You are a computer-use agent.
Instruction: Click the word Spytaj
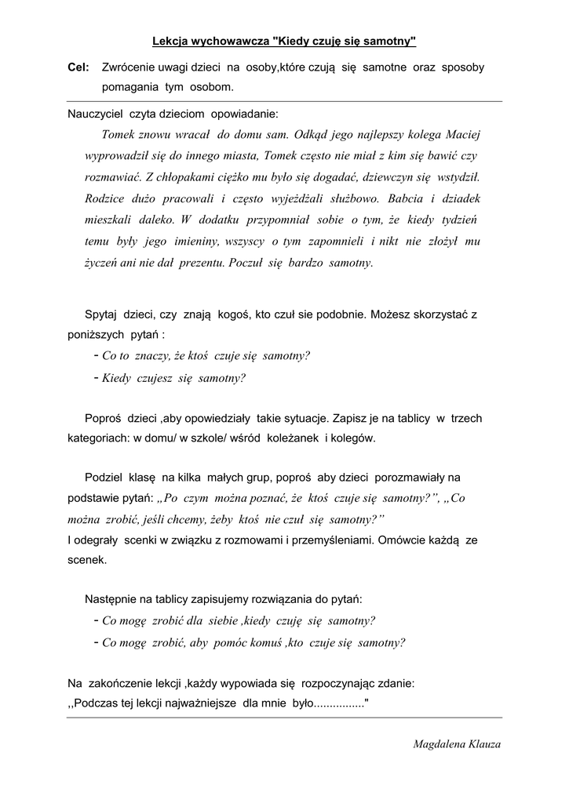100,314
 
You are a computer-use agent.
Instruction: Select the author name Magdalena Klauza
457,744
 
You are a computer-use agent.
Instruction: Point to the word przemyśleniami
323,540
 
